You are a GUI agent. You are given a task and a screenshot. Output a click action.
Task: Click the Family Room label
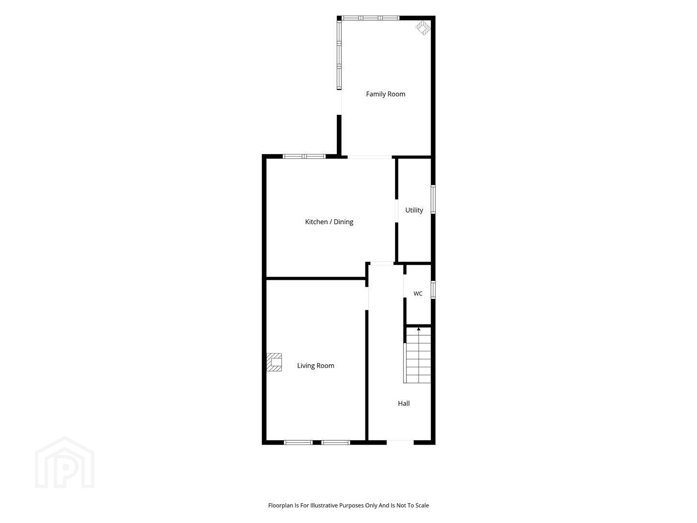(385, 94)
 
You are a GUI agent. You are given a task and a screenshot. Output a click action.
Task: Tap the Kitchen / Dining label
(329, 222)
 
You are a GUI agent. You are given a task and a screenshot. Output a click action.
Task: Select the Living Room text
(316, 366)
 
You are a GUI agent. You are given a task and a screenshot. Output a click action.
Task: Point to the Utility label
(414, 210)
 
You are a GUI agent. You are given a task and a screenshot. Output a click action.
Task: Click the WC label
(418, 294)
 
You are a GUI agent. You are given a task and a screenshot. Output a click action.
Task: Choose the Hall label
(404, 403)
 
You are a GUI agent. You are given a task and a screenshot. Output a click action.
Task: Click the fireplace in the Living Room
(274, 362)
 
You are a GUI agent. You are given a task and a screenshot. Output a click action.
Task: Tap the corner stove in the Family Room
(423, 28)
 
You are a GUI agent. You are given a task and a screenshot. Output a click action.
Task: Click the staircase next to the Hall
(417, 355)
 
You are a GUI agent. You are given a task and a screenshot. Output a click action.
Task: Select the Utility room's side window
(433, 200)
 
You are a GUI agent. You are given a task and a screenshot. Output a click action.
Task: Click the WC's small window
(433, 290)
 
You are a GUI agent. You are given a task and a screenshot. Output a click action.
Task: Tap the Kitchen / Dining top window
(304, 156)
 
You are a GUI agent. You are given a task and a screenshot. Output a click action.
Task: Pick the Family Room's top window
(370, 18)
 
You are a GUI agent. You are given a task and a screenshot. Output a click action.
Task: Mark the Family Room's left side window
(339, 55)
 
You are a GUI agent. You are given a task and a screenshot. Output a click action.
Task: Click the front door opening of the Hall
(400, 442)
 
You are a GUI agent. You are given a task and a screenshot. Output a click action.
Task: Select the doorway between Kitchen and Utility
(396, 211)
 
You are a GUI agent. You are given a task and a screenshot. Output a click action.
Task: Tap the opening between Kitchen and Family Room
(370, 157)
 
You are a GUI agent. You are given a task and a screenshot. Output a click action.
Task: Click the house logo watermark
(65, 462)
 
